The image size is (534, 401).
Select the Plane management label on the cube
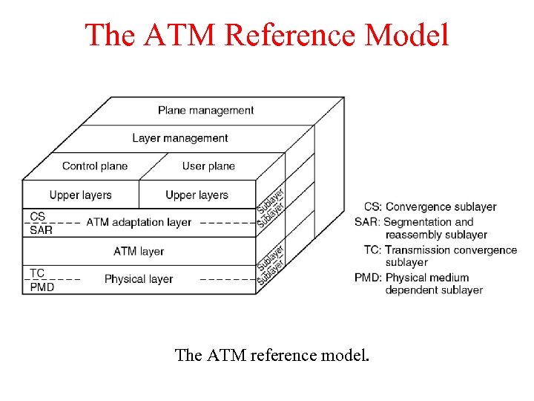(x=205, y=111)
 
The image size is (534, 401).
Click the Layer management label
(x=180, y=138)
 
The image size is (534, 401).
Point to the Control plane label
(x=95, y=166)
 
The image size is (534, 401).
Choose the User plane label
(x=208, y=166)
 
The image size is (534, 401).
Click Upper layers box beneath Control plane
(x=80, y=195)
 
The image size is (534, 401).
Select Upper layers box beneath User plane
(x=197, y=195)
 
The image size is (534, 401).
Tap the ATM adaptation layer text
(x=139, y=222)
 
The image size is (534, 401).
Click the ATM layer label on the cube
(x=139, y=251)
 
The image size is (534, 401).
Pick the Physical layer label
(x=139, y=279)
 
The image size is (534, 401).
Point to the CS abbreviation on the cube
(x=38, y=216)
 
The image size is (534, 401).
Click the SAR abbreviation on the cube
(x=41, y=230)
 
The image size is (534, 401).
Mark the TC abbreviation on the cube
(x=37, y=273)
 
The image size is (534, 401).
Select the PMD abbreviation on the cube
(x=42, y=287)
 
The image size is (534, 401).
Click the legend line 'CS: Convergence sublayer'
(x=430, y=206)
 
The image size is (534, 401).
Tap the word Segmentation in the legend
(x=418, y=221)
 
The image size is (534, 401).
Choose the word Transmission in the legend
(x=419, y=250)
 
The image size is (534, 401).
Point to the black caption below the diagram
(x=271, y=355)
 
